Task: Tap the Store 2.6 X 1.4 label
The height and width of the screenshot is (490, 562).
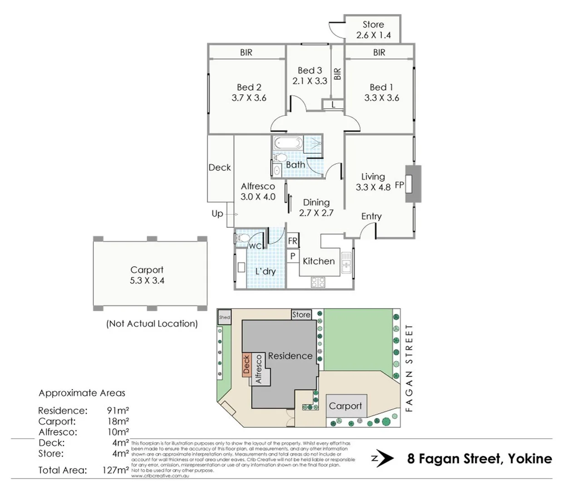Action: tap(373, 30)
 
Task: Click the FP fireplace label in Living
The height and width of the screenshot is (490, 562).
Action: tap(399, 185)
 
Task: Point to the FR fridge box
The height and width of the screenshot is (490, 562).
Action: tap(293, 241)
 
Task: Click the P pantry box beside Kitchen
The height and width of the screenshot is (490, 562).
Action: tap(293, 256)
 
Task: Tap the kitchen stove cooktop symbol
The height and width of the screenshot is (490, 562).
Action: tap(318, 282)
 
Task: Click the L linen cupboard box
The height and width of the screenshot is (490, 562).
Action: tap(333, 105)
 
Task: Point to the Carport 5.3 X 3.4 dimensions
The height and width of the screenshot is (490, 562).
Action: tap(147, 280)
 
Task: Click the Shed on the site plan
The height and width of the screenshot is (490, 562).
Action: tap(225, 317)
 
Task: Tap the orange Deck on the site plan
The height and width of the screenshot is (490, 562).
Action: tap(246, 364)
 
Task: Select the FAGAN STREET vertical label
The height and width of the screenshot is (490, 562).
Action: tap(409, 368)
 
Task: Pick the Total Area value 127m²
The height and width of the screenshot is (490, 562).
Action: tap(115, 470)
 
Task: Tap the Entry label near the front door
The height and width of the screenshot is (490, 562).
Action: tap(371, 216)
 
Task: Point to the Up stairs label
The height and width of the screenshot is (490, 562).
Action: tap(217, 213)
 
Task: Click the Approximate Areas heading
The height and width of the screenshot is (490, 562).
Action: tap(82, 393)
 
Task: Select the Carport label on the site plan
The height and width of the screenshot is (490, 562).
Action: tap(345, 406)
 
